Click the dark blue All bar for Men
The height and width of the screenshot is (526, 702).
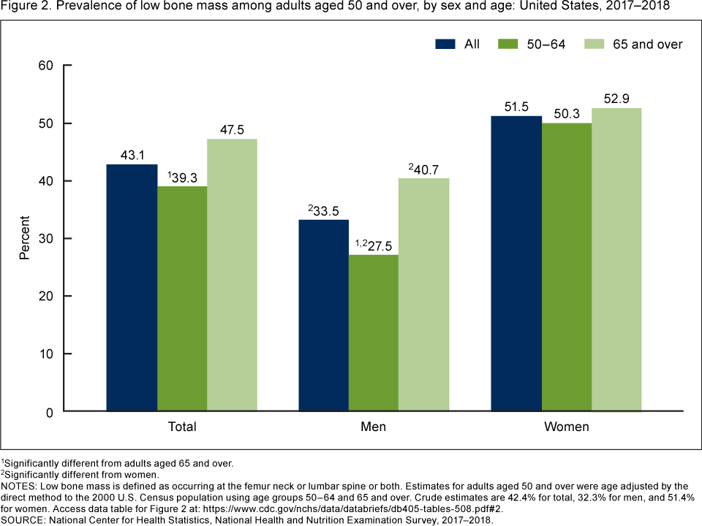[x=323, y=316]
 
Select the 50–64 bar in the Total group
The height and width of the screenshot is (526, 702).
[x=182, y=299]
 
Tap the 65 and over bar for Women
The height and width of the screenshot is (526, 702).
[x=616, y=260]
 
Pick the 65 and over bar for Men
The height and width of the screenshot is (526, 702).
[x=424, y=295]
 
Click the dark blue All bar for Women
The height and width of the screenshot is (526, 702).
[x=516, y=264]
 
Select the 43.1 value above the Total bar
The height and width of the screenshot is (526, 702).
[x=132, y=155]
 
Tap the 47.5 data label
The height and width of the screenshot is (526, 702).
[x=233, y=129]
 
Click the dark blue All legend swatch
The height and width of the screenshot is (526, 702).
[x=445, y=44]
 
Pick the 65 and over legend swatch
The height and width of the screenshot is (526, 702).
[x=595, y=44]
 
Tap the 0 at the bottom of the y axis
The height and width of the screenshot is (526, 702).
[x=50, y=412]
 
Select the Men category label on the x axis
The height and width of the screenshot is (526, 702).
[x=374, y=427]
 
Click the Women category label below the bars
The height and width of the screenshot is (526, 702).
[x=566, y=427]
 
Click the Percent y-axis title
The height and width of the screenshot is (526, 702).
[x=25, y=238]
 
